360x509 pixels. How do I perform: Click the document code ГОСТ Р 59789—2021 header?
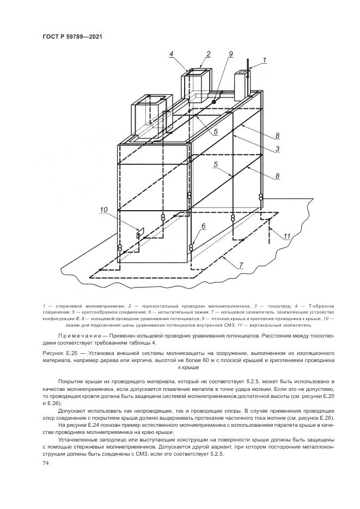point(72,36)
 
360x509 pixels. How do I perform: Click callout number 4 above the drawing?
point(171,53)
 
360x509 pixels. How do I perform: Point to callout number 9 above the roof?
point(230,53)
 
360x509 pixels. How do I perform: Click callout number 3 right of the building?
point(277,148)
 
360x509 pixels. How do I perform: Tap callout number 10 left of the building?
point(105,208)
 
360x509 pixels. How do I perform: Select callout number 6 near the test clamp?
point(203,225)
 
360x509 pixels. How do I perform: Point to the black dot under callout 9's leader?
point(215,102)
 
